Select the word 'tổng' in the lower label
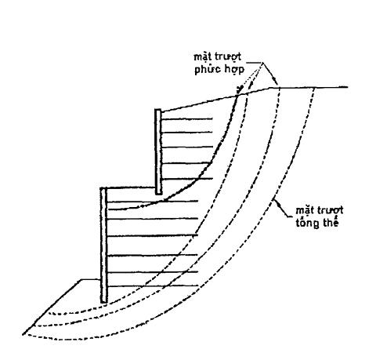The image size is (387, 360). [x=307, y=224]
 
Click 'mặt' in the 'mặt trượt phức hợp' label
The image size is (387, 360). [x=202, y=57]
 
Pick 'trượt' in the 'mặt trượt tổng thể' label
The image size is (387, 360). [x=331, y=210]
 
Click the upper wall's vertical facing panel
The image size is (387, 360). [x=158, y=152]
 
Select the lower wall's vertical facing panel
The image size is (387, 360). [x=104, y=245]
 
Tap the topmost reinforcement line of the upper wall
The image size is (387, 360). [x=187, y=119]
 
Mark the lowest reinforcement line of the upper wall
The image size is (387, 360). [x=187, y=179]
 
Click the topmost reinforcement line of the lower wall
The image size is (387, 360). [x=153, y=201]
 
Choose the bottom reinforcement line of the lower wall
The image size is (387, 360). [x=153, y=286]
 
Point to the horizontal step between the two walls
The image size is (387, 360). [x=131, y=187]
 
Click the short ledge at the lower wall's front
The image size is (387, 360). [x=91, y=280]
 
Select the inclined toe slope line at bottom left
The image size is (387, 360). [x=52, y=307]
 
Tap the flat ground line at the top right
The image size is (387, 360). [x=312, y=87]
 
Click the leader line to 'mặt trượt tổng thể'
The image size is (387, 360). [x=282, y=209]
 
